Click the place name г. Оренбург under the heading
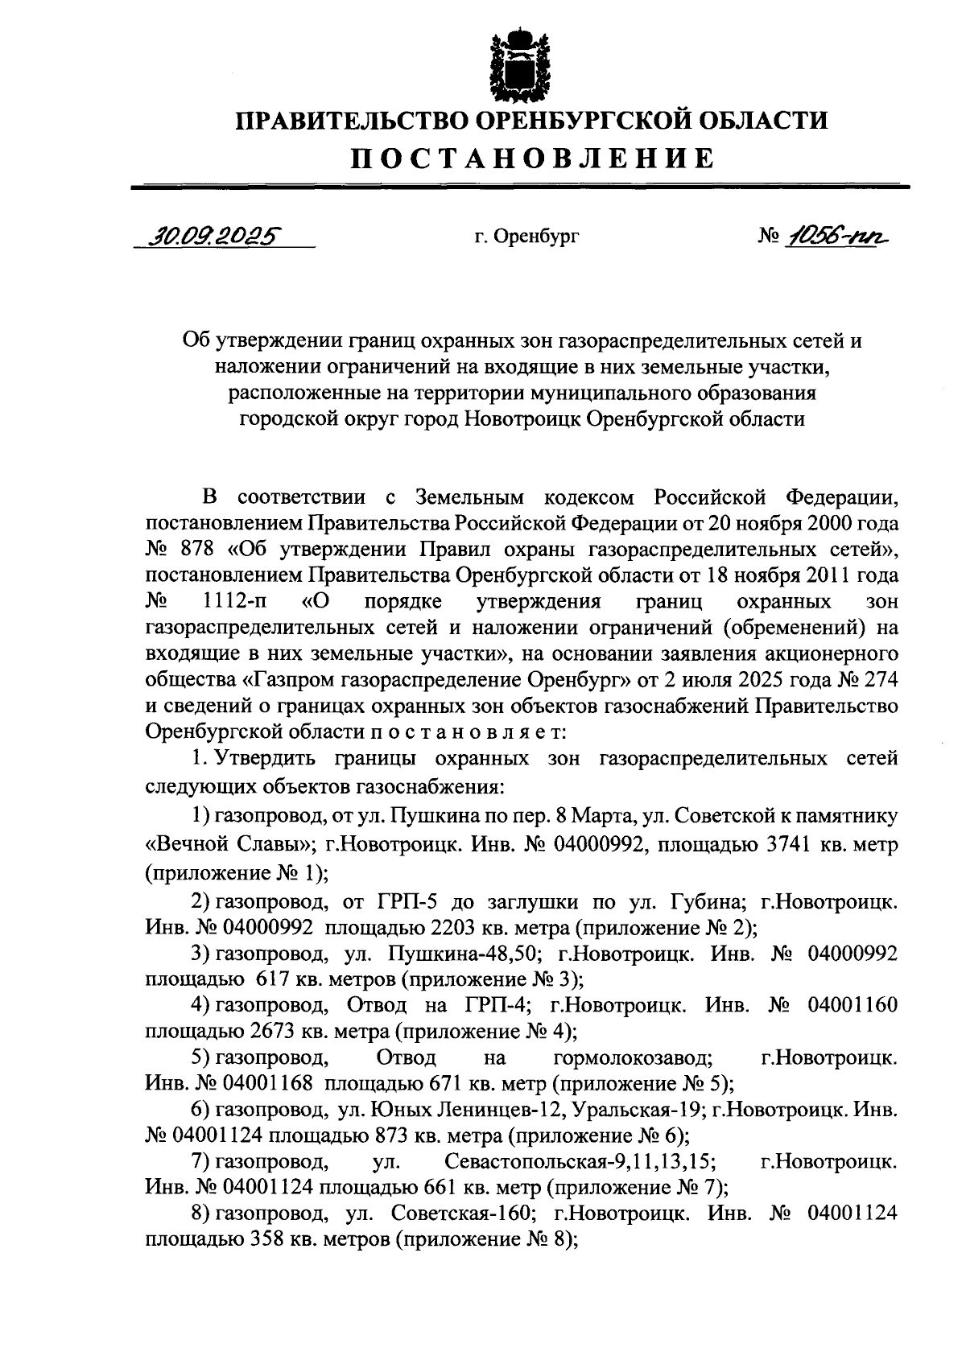pos(526,237)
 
